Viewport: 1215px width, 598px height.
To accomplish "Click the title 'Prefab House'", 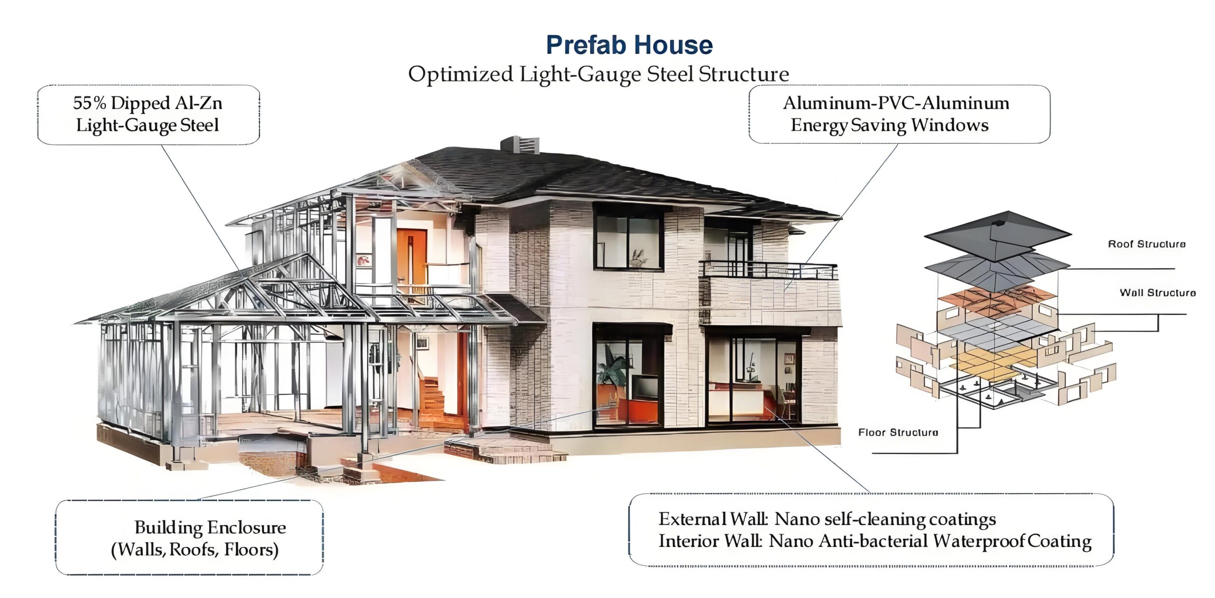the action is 629,45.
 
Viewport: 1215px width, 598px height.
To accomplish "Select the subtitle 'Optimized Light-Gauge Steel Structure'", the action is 598,75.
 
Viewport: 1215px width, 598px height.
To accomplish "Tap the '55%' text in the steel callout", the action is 90,103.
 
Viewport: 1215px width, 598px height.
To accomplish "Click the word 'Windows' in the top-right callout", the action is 950,125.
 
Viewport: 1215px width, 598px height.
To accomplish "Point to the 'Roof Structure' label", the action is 1147,244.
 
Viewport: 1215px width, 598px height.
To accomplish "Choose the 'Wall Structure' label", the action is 1158,292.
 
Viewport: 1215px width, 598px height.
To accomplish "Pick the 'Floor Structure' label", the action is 898,432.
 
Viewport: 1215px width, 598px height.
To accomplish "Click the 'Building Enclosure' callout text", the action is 210,527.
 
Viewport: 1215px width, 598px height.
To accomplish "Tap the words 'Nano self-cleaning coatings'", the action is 885,520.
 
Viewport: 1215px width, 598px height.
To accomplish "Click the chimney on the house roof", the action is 520,145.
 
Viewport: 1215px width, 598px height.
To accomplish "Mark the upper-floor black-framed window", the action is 628,236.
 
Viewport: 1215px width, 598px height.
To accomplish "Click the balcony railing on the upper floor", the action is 768,270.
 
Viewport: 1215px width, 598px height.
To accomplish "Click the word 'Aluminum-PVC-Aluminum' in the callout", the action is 896,103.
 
